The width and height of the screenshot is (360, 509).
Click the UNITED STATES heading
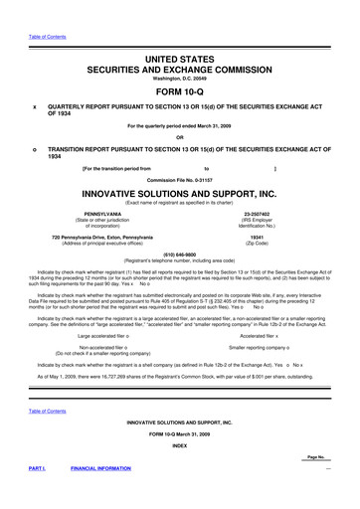179,33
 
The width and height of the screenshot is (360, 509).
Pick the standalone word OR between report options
179,137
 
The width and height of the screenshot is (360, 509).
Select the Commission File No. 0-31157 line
179,179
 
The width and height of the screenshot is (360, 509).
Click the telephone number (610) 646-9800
179,253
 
